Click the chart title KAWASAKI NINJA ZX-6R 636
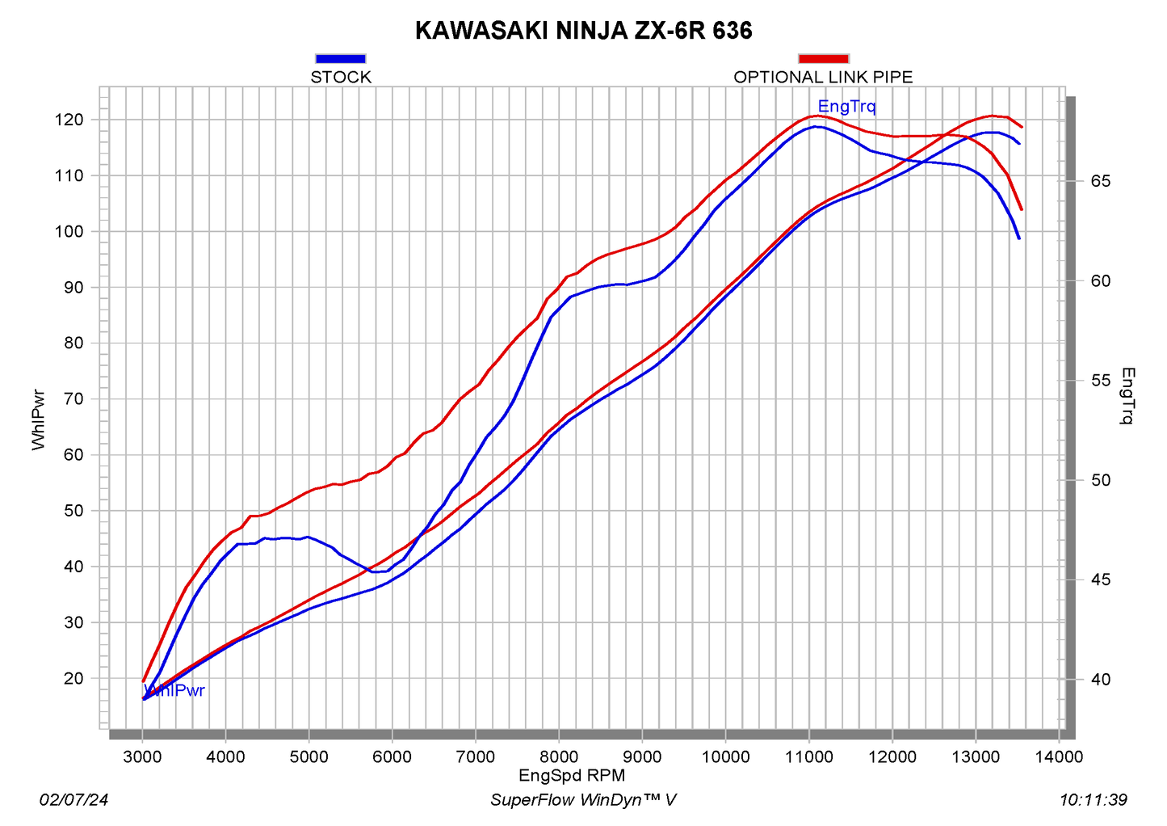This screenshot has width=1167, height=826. coord(583,31)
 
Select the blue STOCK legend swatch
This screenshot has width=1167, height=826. coord(340,58)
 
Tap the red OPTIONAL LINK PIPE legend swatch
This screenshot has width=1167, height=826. coord(823,58)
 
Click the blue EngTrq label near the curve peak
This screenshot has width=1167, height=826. coord(846,106)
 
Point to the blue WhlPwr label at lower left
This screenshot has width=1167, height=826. coord(175,690)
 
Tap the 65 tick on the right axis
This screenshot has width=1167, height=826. coord(1101,181)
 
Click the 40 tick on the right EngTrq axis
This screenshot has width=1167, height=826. coord(1101,680)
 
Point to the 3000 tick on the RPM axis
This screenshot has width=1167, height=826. coord(142,756)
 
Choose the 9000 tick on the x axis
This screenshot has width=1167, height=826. coord(642,756)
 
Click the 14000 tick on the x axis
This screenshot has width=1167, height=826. coord(1059,756)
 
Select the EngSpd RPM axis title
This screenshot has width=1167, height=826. coord(572,776)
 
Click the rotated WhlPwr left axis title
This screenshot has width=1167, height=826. coord(39,420)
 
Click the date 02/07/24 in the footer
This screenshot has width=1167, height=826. coord(73,800)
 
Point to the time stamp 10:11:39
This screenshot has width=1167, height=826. coord(1093,800)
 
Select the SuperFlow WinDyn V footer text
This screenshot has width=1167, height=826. coord(583,800)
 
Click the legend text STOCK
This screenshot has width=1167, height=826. coord(341,78)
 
